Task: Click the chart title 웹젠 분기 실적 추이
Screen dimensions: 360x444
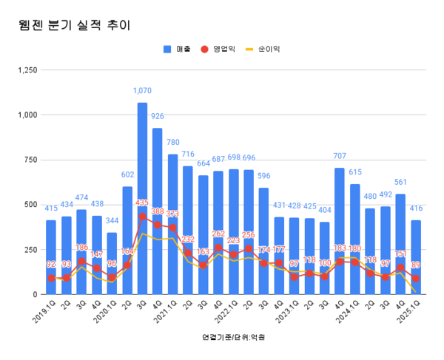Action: pos(74,25)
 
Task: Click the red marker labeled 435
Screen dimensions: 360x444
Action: pos(142,216)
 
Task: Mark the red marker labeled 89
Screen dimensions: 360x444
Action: pos(416,278)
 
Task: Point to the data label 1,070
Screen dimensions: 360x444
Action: pos(142,91)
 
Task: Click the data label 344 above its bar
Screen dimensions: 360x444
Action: pos(112,221)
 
